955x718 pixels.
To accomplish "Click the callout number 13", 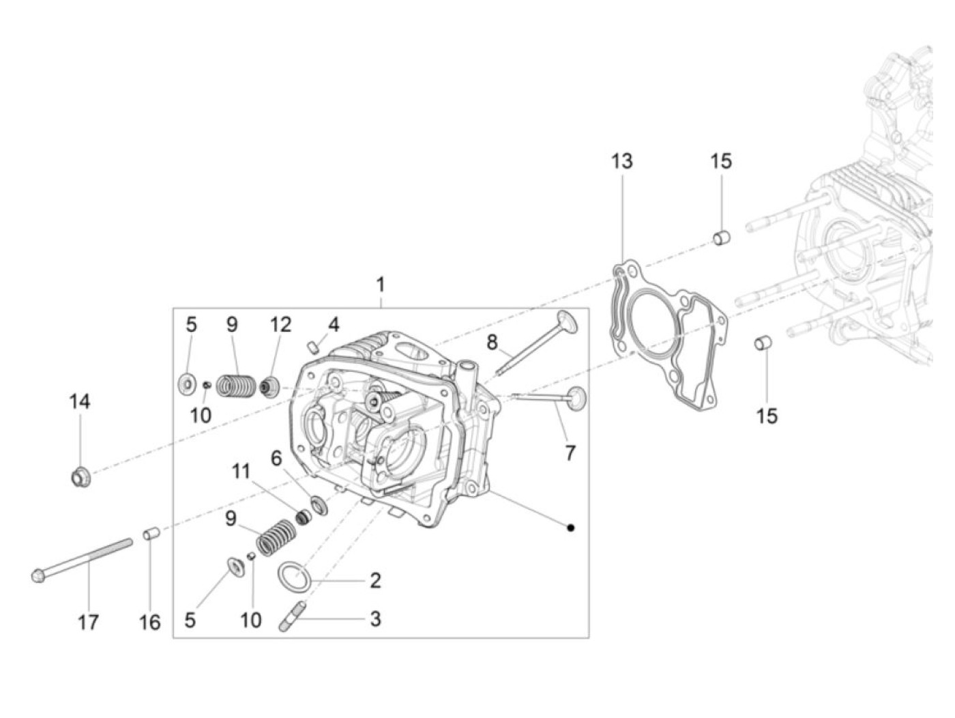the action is click(x=621, y=162).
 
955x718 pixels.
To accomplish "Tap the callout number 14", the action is click(x=79, y=401).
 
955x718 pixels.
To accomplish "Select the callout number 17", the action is click(x=88, y=622).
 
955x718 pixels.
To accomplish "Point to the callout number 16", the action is click(x=150, y=622).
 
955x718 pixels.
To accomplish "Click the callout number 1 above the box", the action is click(x=381, y=284).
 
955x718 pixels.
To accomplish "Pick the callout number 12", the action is click(x=280, y=324).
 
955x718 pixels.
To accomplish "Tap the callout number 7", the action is click(x=570, y=452).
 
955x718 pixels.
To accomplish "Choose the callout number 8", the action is click(x=493, y=342).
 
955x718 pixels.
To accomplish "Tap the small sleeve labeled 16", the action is click(x=151, y=532).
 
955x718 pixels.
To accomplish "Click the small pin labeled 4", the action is click(x=314, y=345).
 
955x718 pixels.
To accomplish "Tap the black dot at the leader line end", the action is click(x=571, y=527).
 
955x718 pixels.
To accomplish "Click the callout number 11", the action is click(x=241, y=471).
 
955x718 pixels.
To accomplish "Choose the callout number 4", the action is click(x=333, y=324).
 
